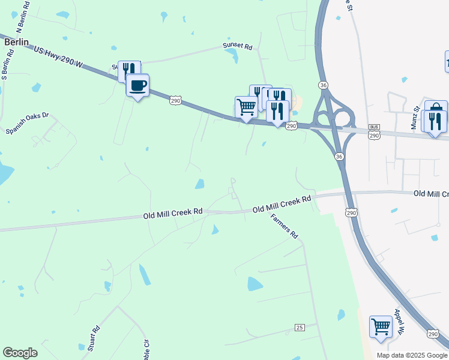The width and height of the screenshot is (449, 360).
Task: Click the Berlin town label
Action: tap(16, 43)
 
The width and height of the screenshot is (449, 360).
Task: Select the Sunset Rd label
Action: tap(238, 45)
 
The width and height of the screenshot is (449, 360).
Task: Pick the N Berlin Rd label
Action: tap(23, 17)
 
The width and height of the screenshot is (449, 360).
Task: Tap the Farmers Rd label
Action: tap(284, 226)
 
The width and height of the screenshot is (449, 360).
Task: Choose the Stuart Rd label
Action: tap(93, 338)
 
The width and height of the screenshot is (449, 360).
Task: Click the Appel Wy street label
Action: tap(400, 321)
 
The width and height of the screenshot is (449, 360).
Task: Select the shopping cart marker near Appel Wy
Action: tap(381, 327)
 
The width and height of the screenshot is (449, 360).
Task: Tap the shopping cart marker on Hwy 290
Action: tap(246, 107)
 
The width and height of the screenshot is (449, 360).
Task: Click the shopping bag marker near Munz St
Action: tap(436, 110)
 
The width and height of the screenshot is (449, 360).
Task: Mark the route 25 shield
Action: tap(300, 327)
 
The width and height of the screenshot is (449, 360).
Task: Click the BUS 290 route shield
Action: tap(374, 132)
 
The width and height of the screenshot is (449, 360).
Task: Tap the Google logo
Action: tap(20, 353)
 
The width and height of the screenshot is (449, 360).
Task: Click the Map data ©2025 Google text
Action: tap(412, 355)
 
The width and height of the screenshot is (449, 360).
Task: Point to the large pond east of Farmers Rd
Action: tap(255, 284)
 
